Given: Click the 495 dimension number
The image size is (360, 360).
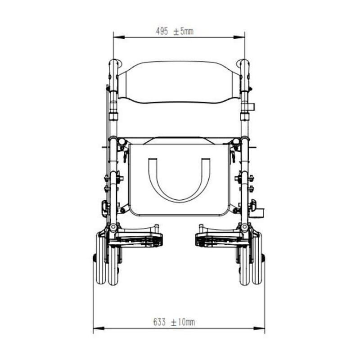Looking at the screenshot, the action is click(x=162, y=31).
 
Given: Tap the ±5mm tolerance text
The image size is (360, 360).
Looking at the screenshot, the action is click(x=183, y=31).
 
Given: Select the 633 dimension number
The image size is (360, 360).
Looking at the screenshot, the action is click(x=159, y=322).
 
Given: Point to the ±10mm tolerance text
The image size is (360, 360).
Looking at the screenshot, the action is click(x=183, y=322).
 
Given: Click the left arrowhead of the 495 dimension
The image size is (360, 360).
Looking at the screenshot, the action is click(x=119, y=37).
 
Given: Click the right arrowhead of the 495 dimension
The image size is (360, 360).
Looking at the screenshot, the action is click(x=239, y=37).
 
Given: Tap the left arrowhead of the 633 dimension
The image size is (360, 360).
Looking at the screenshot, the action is click(x=99, y=328).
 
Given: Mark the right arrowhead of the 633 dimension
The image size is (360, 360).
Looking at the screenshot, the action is click(x=259, y=328).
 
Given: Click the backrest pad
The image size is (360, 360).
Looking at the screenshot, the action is click(x=179, y=82).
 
